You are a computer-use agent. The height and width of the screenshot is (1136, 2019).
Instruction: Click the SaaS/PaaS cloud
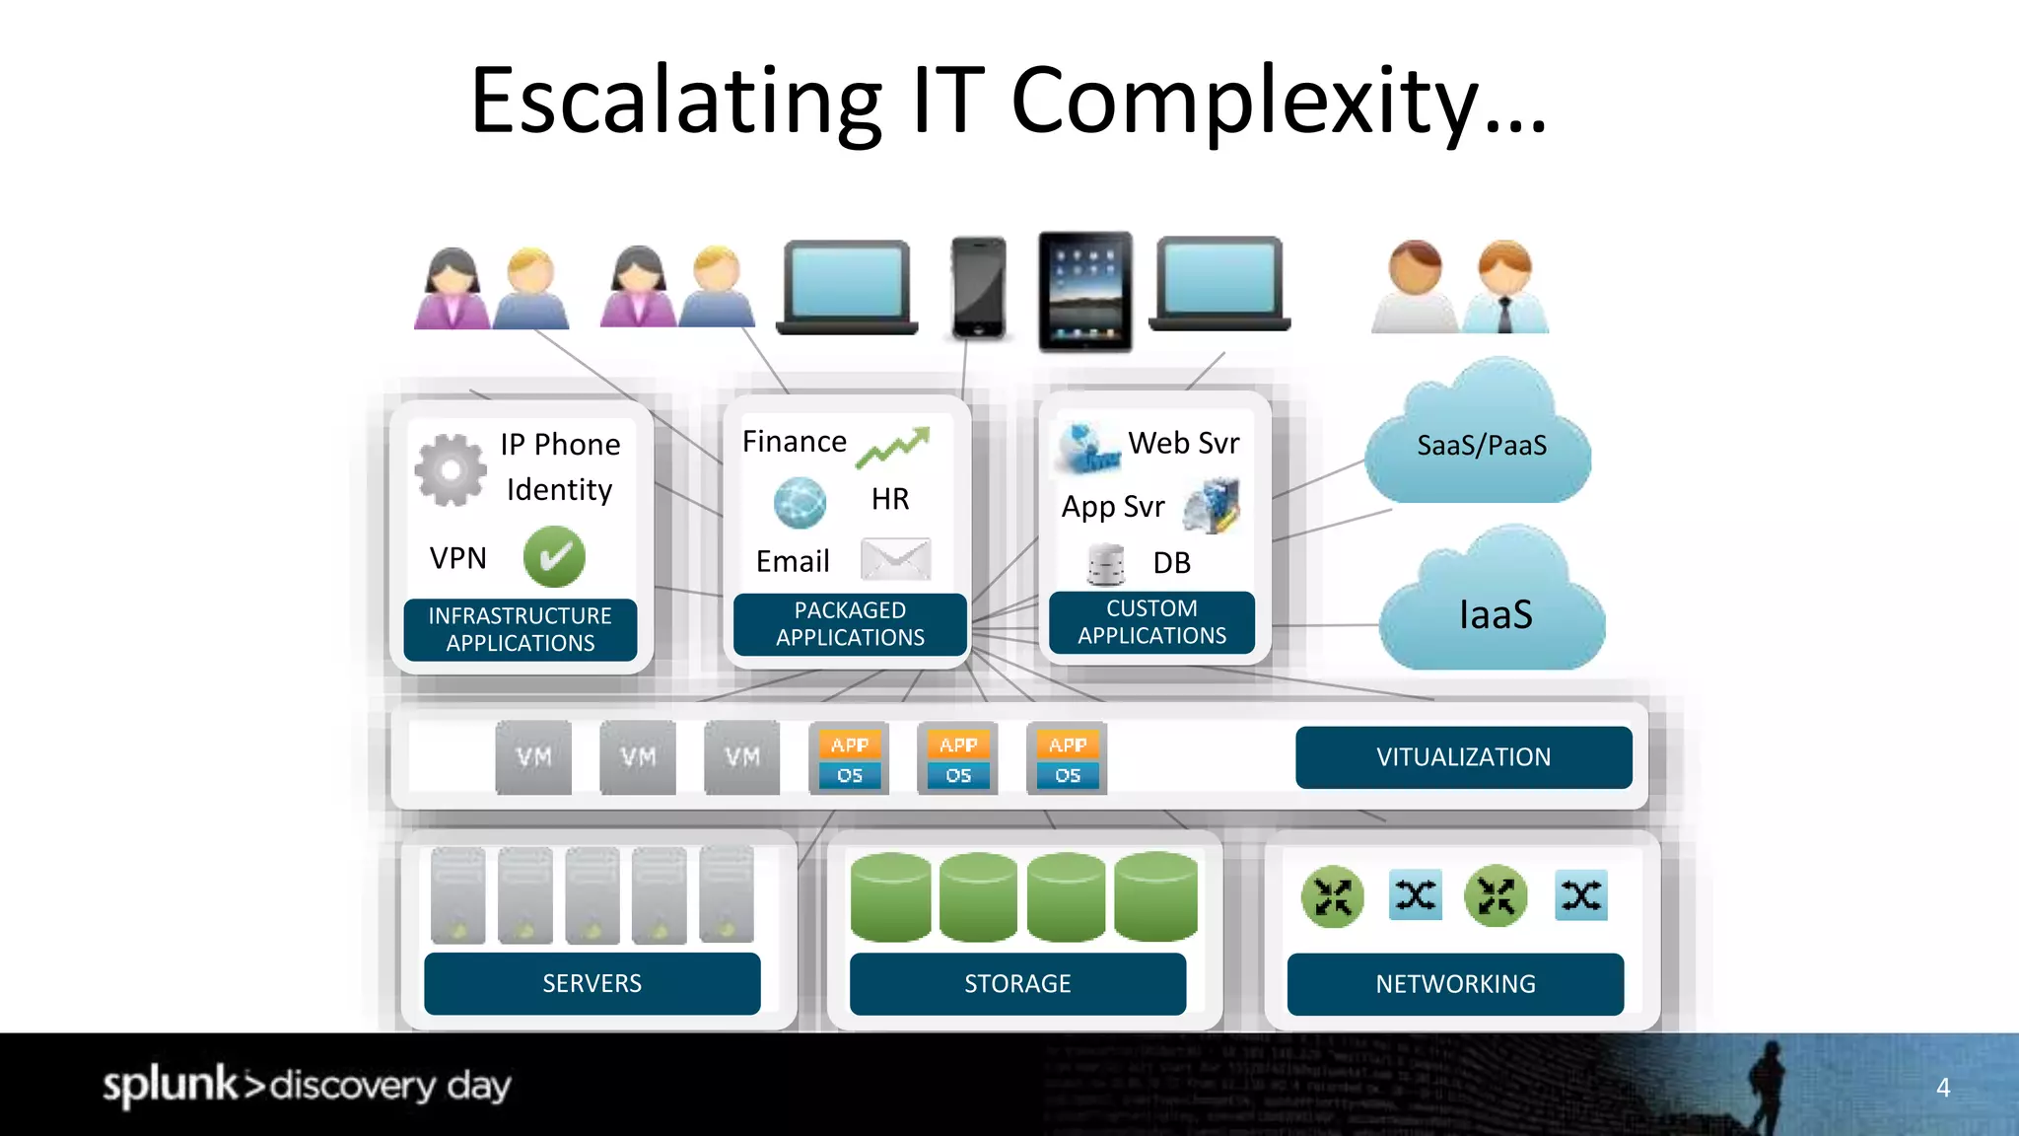[x=1479, y=444]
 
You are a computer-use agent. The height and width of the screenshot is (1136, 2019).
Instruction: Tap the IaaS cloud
[x=1493, y=611]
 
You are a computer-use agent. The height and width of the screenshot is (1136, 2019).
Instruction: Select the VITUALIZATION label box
[x=1463, y=757]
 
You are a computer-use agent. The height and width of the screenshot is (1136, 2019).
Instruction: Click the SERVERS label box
[x=592, y=983]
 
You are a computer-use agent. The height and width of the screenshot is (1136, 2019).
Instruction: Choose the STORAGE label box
[x=1017, y=983]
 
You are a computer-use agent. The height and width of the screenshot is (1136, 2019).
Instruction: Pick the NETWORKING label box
[x=1455, y=983]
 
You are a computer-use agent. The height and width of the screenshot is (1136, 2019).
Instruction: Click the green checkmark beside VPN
[x=554, y=557]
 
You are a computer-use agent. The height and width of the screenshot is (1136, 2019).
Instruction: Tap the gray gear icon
[x=451, y=470]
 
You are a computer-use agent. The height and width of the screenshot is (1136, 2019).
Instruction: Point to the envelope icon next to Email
[x=895, y=559]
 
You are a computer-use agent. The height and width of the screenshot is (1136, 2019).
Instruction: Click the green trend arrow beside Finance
[x=893, y=447]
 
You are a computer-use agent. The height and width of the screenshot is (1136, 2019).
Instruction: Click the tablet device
[x=1084, y=291]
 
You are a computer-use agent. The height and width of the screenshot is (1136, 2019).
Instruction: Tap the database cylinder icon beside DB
[x=1106, y=564]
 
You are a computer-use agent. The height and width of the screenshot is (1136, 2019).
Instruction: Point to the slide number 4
[x=1943, y=1088]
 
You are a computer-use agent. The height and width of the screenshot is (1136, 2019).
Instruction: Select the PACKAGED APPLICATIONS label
[x=850, y=624]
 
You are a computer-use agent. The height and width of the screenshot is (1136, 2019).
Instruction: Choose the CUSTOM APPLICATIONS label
[x=1151, y=622]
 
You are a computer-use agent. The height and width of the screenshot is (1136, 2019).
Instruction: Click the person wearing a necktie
[x=1504, y=288]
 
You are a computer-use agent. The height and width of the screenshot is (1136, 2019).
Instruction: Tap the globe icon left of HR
[x=800, y=502]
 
